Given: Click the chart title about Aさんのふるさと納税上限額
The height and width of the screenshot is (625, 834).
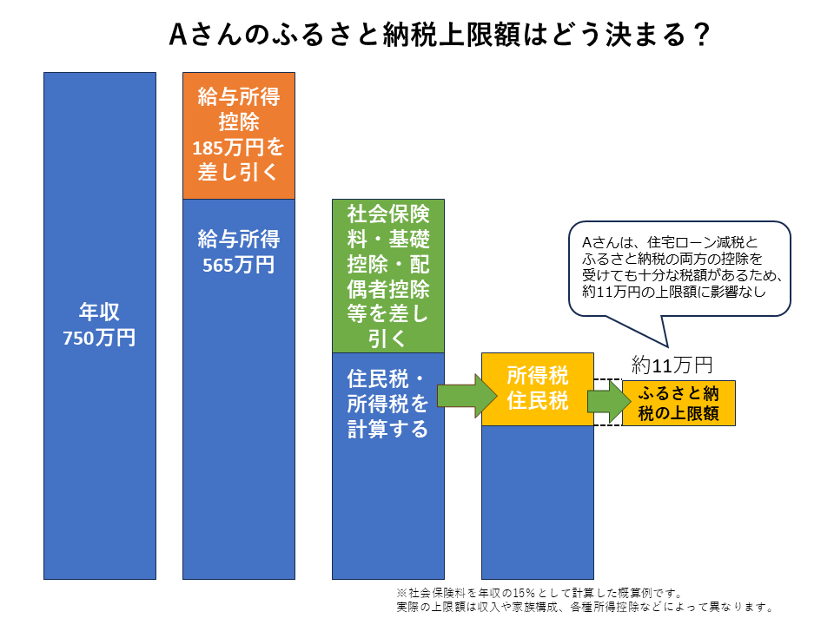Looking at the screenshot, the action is [440, 34].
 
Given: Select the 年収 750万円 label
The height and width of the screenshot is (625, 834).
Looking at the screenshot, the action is [99, 324].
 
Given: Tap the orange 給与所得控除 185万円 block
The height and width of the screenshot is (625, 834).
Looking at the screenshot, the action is [239, 135].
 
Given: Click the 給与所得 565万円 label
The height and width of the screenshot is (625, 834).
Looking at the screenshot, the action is [239, 252].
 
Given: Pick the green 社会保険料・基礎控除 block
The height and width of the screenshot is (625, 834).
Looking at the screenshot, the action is [388, 276].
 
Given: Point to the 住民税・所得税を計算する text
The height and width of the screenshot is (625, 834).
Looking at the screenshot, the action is [387, 404].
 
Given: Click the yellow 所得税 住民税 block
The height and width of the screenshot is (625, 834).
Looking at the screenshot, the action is [538, 389].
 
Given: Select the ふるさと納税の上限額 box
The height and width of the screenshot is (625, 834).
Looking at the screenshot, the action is [678, 403].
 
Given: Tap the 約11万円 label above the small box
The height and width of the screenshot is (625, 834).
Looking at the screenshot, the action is [672, 365].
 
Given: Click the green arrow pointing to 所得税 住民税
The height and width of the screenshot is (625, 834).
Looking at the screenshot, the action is [467, 396].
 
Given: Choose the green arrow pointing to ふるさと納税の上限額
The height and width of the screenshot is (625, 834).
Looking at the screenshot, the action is [609, 401].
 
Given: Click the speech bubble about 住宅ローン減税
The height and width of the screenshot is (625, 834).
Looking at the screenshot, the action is [679, 268].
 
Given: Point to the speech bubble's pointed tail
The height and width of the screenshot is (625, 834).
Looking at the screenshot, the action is [666, 347].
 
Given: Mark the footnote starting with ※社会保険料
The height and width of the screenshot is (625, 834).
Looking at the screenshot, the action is [539, 593].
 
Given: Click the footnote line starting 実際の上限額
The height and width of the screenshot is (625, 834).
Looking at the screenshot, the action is [585, 607].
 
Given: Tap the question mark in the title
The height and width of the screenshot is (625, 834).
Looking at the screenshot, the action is [702, 35].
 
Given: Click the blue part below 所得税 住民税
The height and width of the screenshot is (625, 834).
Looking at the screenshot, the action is [538, 503].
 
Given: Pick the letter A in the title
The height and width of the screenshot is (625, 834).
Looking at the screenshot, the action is [178, 35].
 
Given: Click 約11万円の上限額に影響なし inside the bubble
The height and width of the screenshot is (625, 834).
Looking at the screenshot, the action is [674, 292].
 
